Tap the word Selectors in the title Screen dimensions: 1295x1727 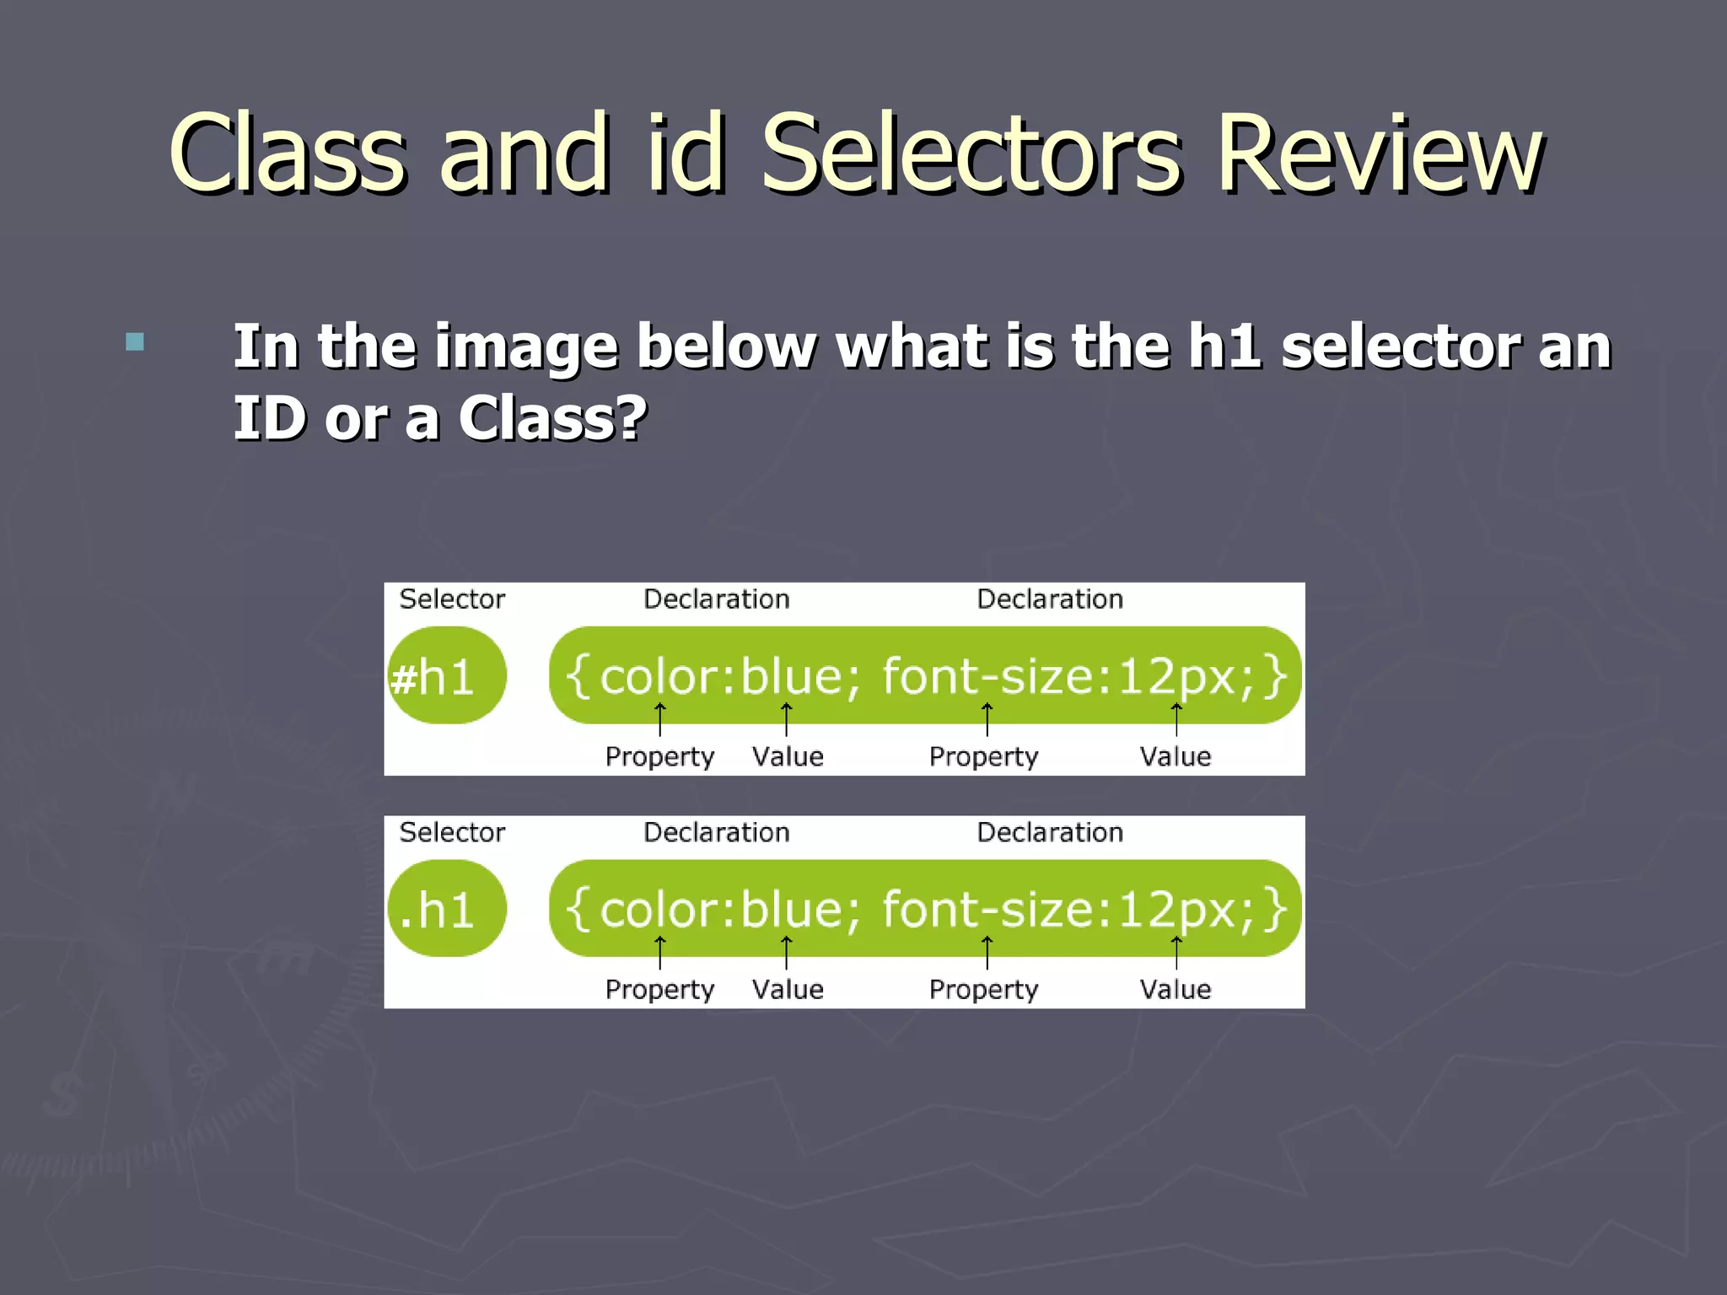971,153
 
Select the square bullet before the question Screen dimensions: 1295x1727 135,341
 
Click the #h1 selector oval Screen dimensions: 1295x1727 446,676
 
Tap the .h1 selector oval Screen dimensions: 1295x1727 446,909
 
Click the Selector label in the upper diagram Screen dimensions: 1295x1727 452,599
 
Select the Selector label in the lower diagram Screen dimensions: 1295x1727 452,832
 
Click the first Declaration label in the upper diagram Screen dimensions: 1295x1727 716,599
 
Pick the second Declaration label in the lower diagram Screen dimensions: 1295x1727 1050,832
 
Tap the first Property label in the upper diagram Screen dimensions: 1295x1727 659,756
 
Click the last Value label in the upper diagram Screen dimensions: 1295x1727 1176,756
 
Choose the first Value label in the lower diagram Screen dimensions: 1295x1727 788,989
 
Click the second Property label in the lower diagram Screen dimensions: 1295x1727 983,989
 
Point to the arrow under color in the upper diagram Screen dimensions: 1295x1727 660,719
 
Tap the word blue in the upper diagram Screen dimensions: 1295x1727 790,676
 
